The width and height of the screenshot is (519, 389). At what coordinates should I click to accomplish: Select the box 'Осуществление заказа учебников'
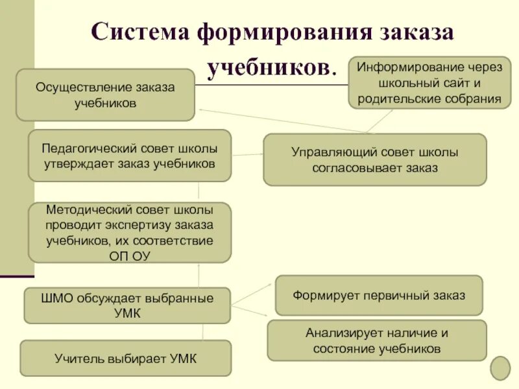tap(105, 95)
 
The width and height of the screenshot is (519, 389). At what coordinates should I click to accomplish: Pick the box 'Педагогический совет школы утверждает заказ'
tap(130, 156)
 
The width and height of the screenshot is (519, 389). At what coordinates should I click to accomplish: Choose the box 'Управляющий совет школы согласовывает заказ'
tap(374, 160)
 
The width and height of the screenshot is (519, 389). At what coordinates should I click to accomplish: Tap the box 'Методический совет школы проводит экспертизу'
tap(130, 233)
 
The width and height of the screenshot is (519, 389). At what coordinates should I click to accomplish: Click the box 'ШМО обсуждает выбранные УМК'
tap(127, 305)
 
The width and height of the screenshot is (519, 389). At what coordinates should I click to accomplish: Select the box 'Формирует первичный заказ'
tap(379, 295)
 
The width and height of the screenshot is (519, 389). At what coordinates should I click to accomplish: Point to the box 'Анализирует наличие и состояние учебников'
tap(377, 340)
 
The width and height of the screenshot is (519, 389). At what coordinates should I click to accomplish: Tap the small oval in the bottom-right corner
tap(500, 368)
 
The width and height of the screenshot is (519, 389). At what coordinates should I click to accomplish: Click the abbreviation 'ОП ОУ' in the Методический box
tap(130, 255)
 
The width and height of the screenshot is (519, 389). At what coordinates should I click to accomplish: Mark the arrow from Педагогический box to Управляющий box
tap(247, 154)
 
